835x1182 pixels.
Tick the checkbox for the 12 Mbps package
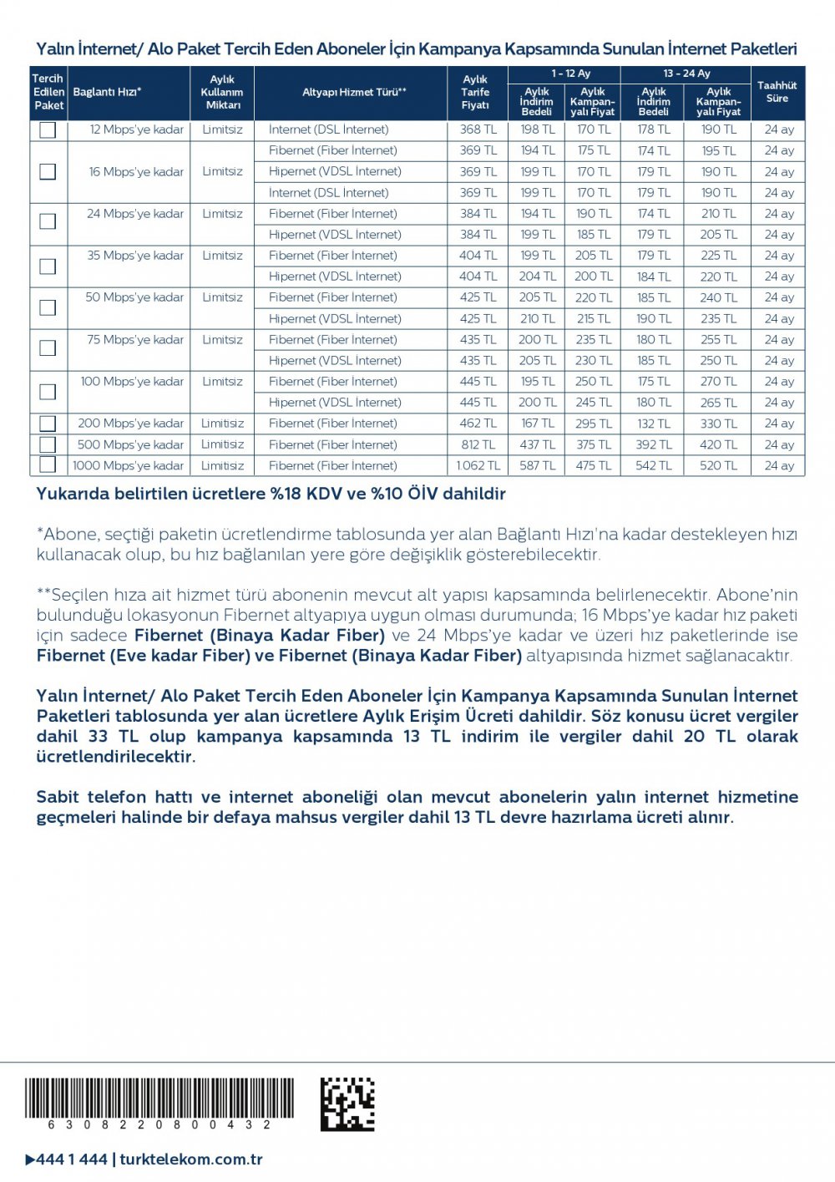pyautogui.click(x=48, y=130)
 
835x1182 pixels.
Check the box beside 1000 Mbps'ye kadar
pyautogui.click(x=48, y=465)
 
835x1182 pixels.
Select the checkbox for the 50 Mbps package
pyautogui.click(x=48, y=307)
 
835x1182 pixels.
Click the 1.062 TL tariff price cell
pyautogui.click(x=478, y=466)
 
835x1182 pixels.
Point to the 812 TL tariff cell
pyautogui.click(x=478, y=444)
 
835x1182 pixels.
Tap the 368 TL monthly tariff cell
pyautogui.click(x=478, y=129)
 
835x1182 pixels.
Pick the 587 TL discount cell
pyautogui.click(x=537, y=466)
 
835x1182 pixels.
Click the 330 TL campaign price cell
pyautogui.click(x=718, y=424)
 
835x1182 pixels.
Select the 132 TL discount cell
pyautogui.click(x=653, y=424)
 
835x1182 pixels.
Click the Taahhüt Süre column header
pyautogui.click(x=777, y=92)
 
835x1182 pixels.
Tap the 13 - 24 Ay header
pyautogui.click(x=686, y=74)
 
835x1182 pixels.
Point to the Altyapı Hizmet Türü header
pyautogui.click(x=354, y=92)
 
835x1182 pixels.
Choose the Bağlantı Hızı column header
pyautogui.click(x=108, y=92)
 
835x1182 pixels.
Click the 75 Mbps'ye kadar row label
pyautogui.click(x=135, y=340)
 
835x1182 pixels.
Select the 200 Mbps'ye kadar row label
pyautogui.click(x=131, y=424)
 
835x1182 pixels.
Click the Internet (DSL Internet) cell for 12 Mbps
pyautogui.click(x=328, y=129)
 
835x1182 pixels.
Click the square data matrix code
pyautogui.click(x=347, y=1103)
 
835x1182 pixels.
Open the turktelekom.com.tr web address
pyautogui.click(x=191, y=1159)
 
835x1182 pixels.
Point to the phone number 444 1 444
pyautogui.click(x=72, y=1159)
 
